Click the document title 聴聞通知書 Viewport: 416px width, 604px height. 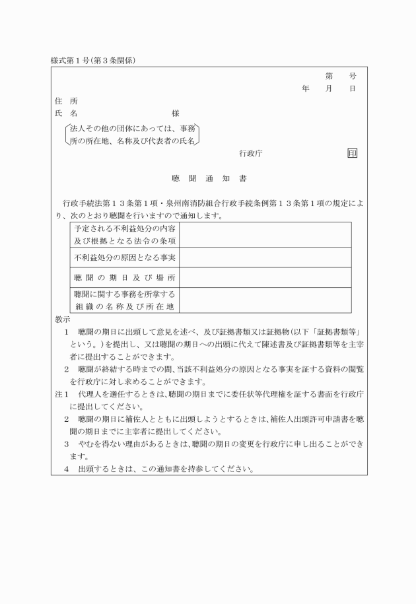(x=208, y=179)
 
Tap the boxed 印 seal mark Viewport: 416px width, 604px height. (x=352, y=153)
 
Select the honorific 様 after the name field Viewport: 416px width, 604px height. (x=175, y=114)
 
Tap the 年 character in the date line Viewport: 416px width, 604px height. (x=305, y=88)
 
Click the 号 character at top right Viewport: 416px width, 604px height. (x=353, y=75)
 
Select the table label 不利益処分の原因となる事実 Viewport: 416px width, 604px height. (x=125, y=257)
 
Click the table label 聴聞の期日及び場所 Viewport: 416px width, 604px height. (x=125, y=277)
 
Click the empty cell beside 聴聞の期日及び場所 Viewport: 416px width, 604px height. (x=265, y=277)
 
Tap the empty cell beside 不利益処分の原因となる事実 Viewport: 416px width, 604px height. (x=265, y=257)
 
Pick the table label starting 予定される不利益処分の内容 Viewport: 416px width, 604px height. (x=125, y=234)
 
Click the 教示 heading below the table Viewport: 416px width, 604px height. (x=63, y=319)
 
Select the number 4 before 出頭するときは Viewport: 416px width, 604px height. (x=67, y=469)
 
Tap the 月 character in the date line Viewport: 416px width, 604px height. (x=329, y=88)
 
